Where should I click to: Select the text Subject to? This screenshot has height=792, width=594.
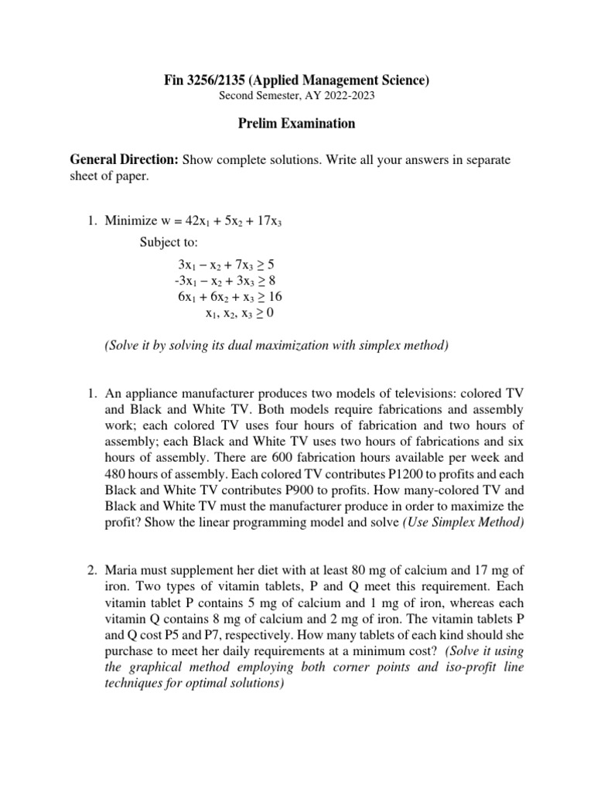pyautogui.click(x=169, y=241)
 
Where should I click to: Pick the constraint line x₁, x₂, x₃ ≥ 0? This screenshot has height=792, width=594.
pyautogui.click(x=239, y=313)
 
